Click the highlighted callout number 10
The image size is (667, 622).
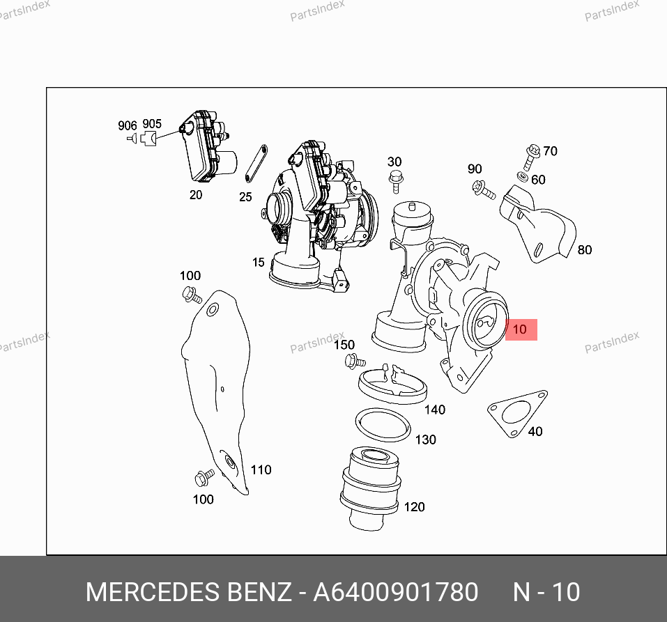tap(520, 329)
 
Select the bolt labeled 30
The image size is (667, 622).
tap(396, 182)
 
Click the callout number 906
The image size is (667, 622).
tap(127, 125)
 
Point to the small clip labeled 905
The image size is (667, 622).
tap(148, 138)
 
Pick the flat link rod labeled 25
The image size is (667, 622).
tap(256, 163)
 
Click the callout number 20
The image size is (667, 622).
tap(196, 195)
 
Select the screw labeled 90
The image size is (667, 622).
tap(484, 190)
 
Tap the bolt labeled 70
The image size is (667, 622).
tap(531, 157)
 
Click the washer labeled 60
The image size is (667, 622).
tap(523, 176)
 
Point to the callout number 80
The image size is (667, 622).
tap(585, 249)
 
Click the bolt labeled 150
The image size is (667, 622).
tap(355, 361)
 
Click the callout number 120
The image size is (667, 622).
tap(414, 507)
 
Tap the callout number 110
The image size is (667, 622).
tap(261, 469)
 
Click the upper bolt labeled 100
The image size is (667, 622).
tap(192, 295)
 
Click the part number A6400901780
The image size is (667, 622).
tap(396, 592)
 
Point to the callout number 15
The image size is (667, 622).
tap(258, 263)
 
